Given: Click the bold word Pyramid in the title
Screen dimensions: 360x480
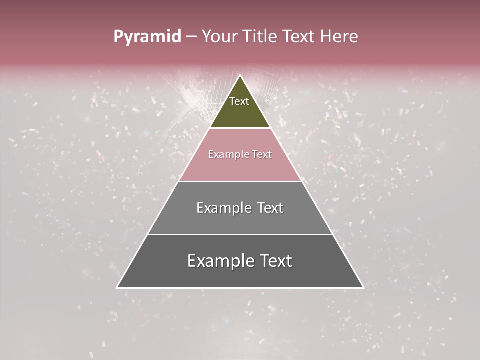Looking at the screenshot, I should point(147,37).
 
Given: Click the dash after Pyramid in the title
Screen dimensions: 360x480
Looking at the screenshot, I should point(191,37).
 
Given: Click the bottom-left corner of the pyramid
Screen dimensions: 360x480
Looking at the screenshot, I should point(117,287).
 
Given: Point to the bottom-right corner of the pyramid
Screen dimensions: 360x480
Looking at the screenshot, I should point(363,287).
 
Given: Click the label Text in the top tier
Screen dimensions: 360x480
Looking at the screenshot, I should point(239,101).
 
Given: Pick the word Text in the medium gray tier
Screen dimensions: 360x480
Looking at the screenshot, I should point(270,208).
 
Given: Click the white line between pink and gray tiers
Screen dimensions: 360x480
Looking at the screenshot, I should point(240,181).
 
